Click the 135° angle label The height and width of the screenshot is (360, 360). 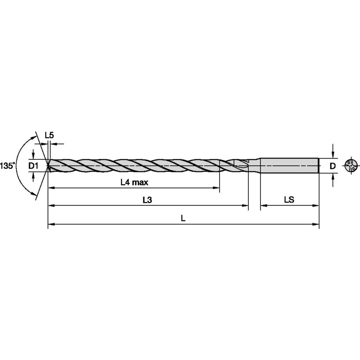pos(7,166)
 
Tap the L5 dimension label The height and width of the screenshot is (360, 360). pos(49,135)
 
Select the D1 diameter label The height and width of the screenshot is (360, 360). pos(33,166)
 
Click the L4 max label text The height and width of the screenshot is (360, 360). pos(134,183)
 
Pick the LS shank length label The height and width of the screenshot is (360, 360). pos(289,200)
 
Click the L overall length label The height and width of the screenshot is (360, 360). pos(183,218)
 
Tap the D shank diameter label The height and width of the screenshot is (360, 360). pos(333,166)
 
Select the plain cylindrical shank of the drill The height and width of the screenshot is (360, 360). pos(289,165)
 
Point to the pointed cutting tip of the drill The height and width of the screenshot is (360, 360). pos(49,165)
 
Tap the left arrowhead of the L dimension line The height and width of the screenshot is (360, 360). pos(51,224)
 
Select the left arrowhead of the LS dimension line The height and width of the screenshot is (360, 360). pos(263,206)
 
